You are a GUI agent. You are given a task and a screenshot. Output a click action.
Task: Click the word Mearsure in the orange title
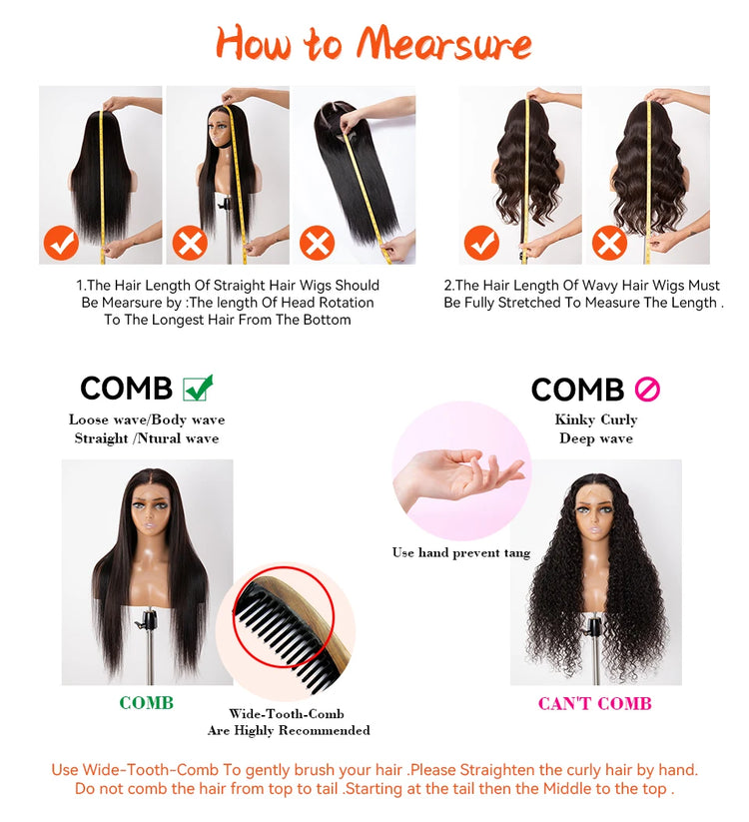tap(443, 44)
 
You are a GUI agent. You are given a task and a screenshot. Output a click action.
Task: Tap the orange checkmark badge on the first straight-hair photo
tap(61, 243)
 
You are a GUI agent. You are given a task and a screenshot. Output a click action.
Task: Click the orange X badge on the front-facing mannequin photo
tap(190, 243)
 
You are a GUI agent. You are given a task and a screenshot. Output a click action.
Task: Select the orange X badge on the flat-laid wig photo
tap(318, 243)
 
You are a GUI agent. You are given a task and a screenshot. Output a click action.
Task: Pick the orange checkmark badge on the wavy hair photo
tap(481, 243)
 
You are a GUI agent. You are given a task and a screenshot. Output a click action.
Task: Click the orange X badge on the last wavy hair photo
tap(609, 243)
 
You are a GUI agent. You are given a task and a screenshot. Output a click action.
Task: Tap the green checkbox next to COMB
tap(198, 388)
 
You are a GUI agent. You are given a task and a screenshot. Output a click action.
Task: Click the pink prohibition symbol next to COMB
tap(647, 390)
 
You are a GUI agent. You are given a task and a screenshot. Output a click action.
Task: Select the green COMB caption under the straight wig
tap(146, 703)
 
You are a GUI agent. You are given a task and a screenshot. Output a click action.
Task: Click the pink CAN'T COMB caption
tap(595, 703)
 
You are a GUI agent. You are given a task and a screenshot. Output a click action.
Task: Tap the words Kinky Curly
tap(596, 419)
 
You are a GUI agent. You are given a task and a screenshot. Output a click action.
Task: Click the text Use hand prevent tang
tap(461, 552)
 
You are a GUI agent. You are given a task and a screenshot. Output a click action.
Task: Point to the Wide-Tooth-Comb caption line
tap(287, 713)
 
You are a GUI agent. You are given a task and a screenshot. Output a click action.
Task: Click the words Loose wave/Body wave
tap(147, 419)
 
